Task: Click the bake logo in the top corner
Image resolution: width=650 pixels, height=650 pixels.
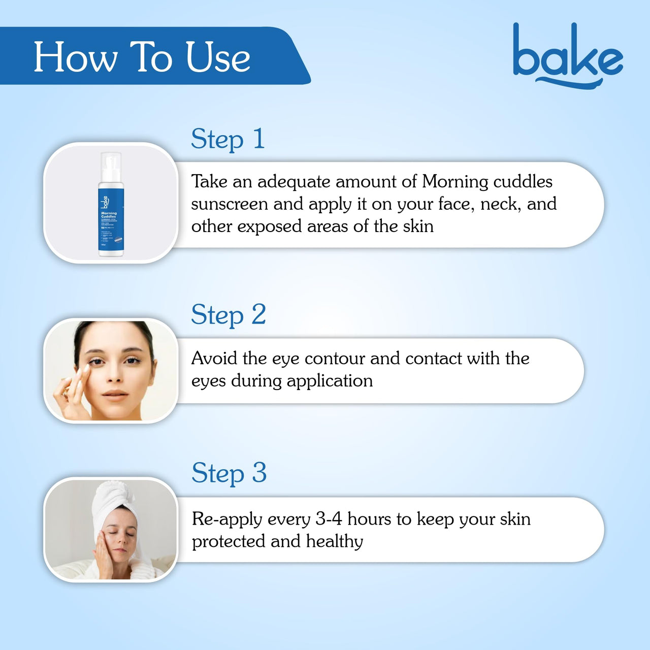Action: coord(567,56)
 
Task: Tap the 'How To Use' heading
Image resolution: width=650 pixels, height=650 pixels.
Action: coord(142,57)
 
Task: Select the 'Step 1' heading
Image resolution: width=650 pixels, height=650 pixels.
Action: coord(228,139)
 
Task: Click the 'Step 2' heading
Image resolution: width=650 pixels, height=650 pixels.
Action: coord(229,315)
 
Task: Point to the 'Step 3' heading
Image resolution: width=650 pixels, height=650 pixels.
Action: coord(229,473)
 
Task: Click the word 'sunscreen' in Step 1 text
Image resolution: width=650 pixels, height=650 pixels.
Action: coord(229,204)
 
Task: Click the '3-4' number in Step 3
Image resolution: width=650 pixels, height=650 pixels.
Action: coord(329,519)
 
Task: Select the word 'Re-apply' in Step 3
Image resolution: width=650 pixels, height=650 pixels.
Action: coord(227,519)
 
